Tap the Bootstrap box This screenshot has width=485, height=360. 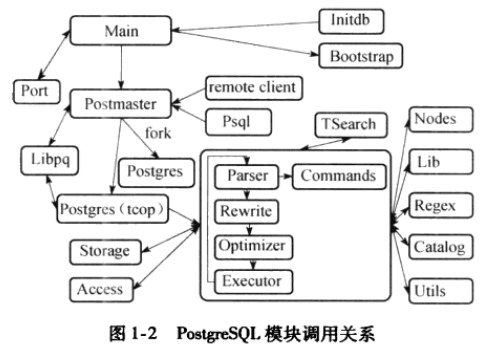pyautogui.click(x=360, y=56)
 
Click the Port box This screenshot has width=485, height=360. pyautogui.click(x=29, y=91)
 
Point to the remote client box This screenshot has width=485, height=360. pyautogui.click(x=251, y=87)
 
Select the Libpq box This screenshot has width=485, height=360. pyautogui.click(x=47, y=159)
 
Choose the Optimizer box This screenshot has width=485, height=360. pyautogui.click(x=254, y=245)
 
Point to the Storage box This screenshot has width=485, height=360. pyautogui.click(x=102, y=250)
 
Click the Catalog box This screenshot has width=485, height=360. pyautogui.click(x=438, y=246)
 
